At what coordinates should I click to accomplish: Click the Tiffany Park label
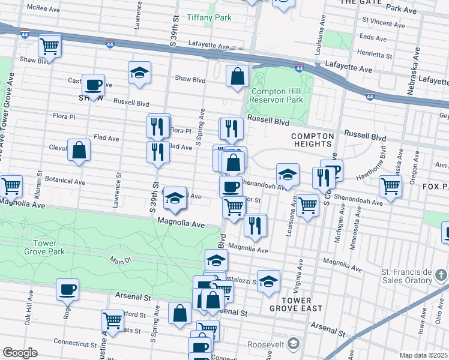[x=209, y=17]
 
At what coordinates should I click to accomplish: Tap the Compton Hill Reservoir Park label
[x=277, y=95]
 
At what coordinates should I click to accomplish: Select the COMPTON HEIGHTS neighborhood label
[x=312, y=140]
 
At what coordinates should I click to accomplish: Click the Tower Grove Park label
[x=41, y=247]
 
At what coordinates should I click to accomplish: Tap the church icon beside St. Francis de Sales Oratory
[x=441, y=275]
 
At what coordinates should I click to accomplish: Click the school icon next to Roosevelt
[x=293, y=344]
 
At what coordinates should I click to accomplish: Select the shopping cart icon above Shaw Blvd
[x=49, y=45]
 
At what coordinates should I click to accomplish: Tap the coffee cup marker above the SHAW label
[x=92, y=84]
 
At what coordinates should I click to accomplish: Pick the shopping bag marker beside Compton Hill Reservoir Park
[x=238, y=76]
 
